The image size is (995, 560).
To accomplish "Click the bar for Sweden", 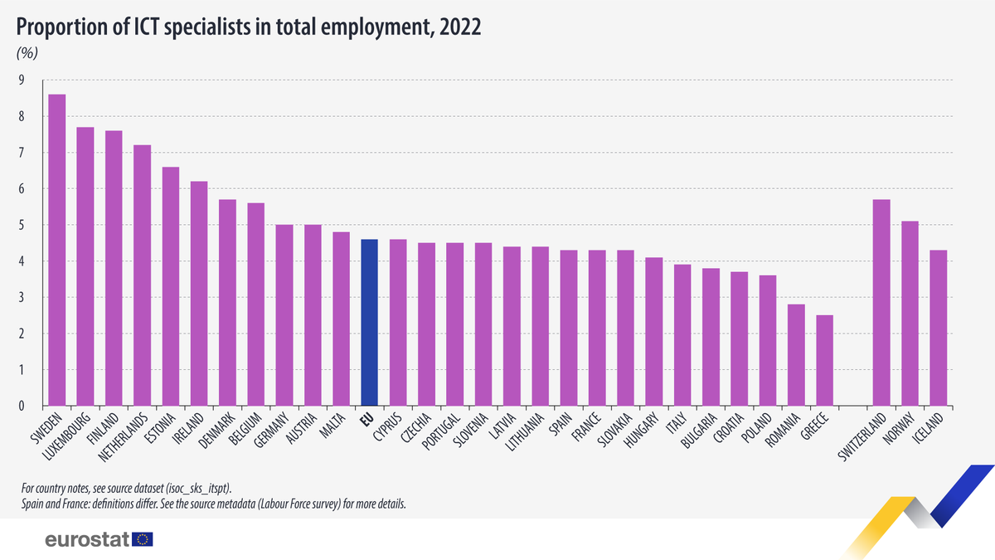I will pyautogui.click(x=56, y=250).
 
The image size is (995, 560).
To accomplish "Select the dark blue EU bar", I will pyautogui.click(x=370, y=323).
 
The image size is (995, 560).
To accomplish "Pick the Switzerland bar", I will pyautogui.click(x=881, y=303).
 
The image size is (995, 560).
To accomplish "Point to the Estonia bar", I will pyautogui.click(x=170, y=286).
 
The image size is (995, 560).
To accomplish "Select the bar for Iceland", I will pyautogui.click(x=938, y=328).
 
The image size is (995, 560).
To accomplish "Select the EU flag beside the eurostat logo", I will pyautogui.click(x=143, y=539).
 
